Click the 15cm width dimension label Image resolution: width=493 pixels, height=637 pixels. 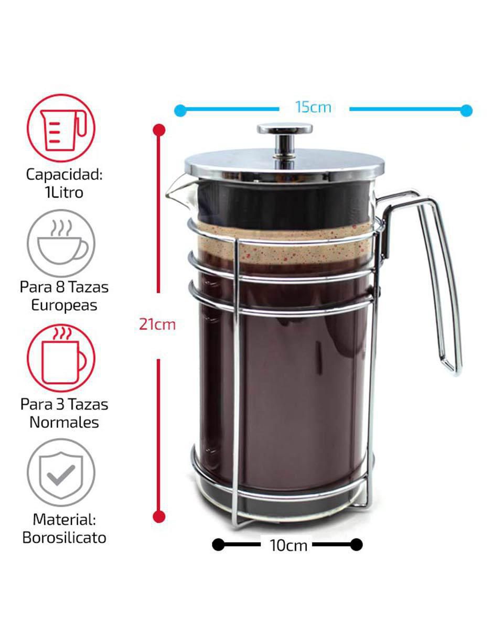(313, 107)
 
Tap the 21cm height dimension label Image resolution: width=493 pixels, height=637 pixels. (157, 325)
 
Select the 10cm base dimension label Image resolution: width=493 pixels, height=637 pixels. (288, 546)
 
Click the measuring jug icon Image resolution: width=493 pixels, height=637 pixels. (61, 128)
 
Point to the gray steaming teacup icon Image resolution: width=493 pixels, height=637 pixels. (61, 243)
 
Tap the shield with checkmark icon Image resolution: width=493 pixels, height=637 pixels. (61, 472)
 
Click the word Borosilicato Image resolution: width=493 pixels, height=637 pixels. (64, 537)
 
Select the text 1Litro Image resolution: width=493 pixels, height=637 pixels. (64, 192)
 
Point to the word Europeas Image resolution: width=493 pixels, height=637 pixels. (64, 306)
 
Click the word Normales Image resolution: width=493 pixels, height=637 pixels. (64, 423)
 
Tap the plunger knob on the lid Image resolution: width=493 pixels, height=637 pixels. (285, 141)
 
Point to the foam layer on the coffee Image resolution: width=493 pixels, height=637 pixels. (283, 243)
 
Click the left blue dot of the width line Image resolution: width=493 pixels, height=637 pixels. (180, 111)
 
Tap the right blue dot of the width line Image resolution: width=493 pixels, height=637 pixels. (466, 111)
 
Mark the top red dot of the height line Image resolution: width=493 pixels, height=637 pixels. (159, 130)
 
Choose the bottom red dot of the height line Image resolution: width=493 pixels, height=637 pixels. (159, 516)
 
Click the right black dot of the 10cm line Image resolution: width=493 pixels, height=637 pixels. (357, 545)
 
